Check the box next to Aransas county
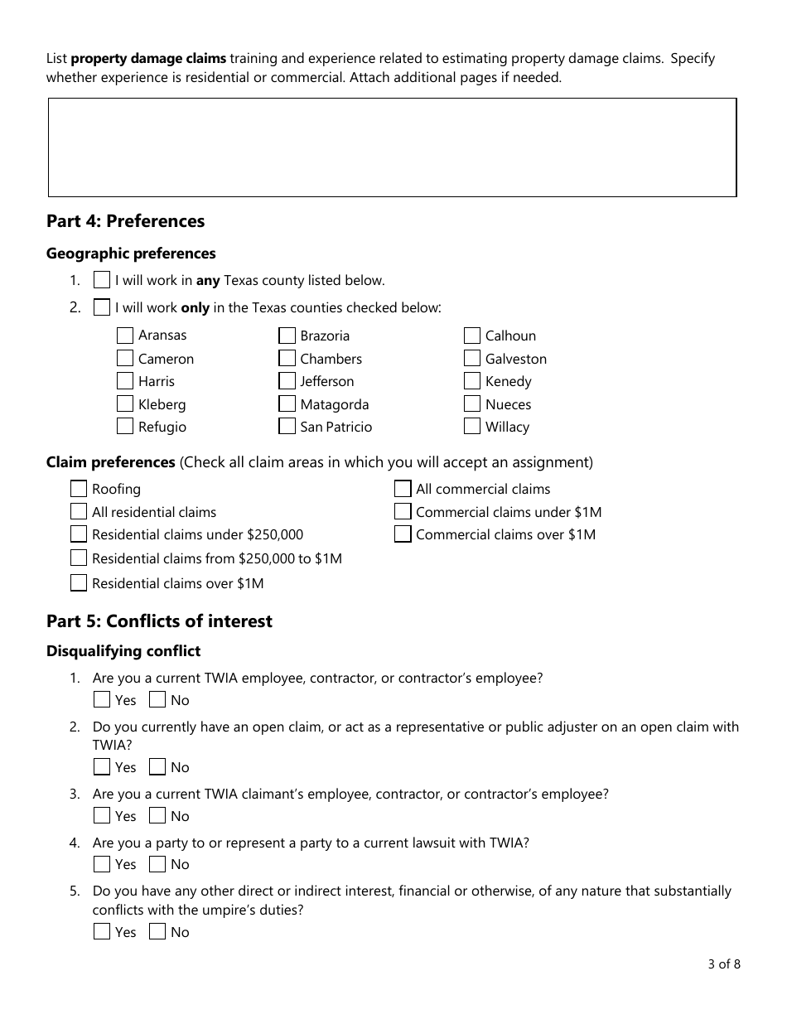pos(125,336)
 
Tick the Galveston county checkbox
pos(472,359)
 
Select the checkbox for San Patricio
pos(287,427)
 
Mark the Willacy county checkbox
pos(472,427)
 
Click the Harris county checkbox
pos(125,381)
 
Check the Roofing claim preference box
pos(79,489)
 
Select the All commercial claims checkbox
pos(403,489)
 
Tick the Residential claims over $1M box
pos(79,583)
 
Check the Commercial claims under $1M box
pos(403,512)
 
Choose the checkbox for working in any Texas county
pos(102,280)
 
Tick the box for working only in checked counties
pos(102,307)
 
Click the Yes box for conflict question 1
pos(102,700)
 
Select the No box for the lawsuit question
pos(157,864)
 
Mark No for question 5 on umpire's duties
pos(157,932)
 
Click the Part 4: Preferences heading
pos(126,221)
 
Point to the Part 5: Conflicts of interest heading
pos(159,621)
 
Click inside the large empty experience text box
pos(392,147)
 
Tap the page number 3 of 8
pos(724,963)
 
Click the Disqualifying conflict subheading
pos(123,651)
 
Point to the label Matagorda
pos(334,404)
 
